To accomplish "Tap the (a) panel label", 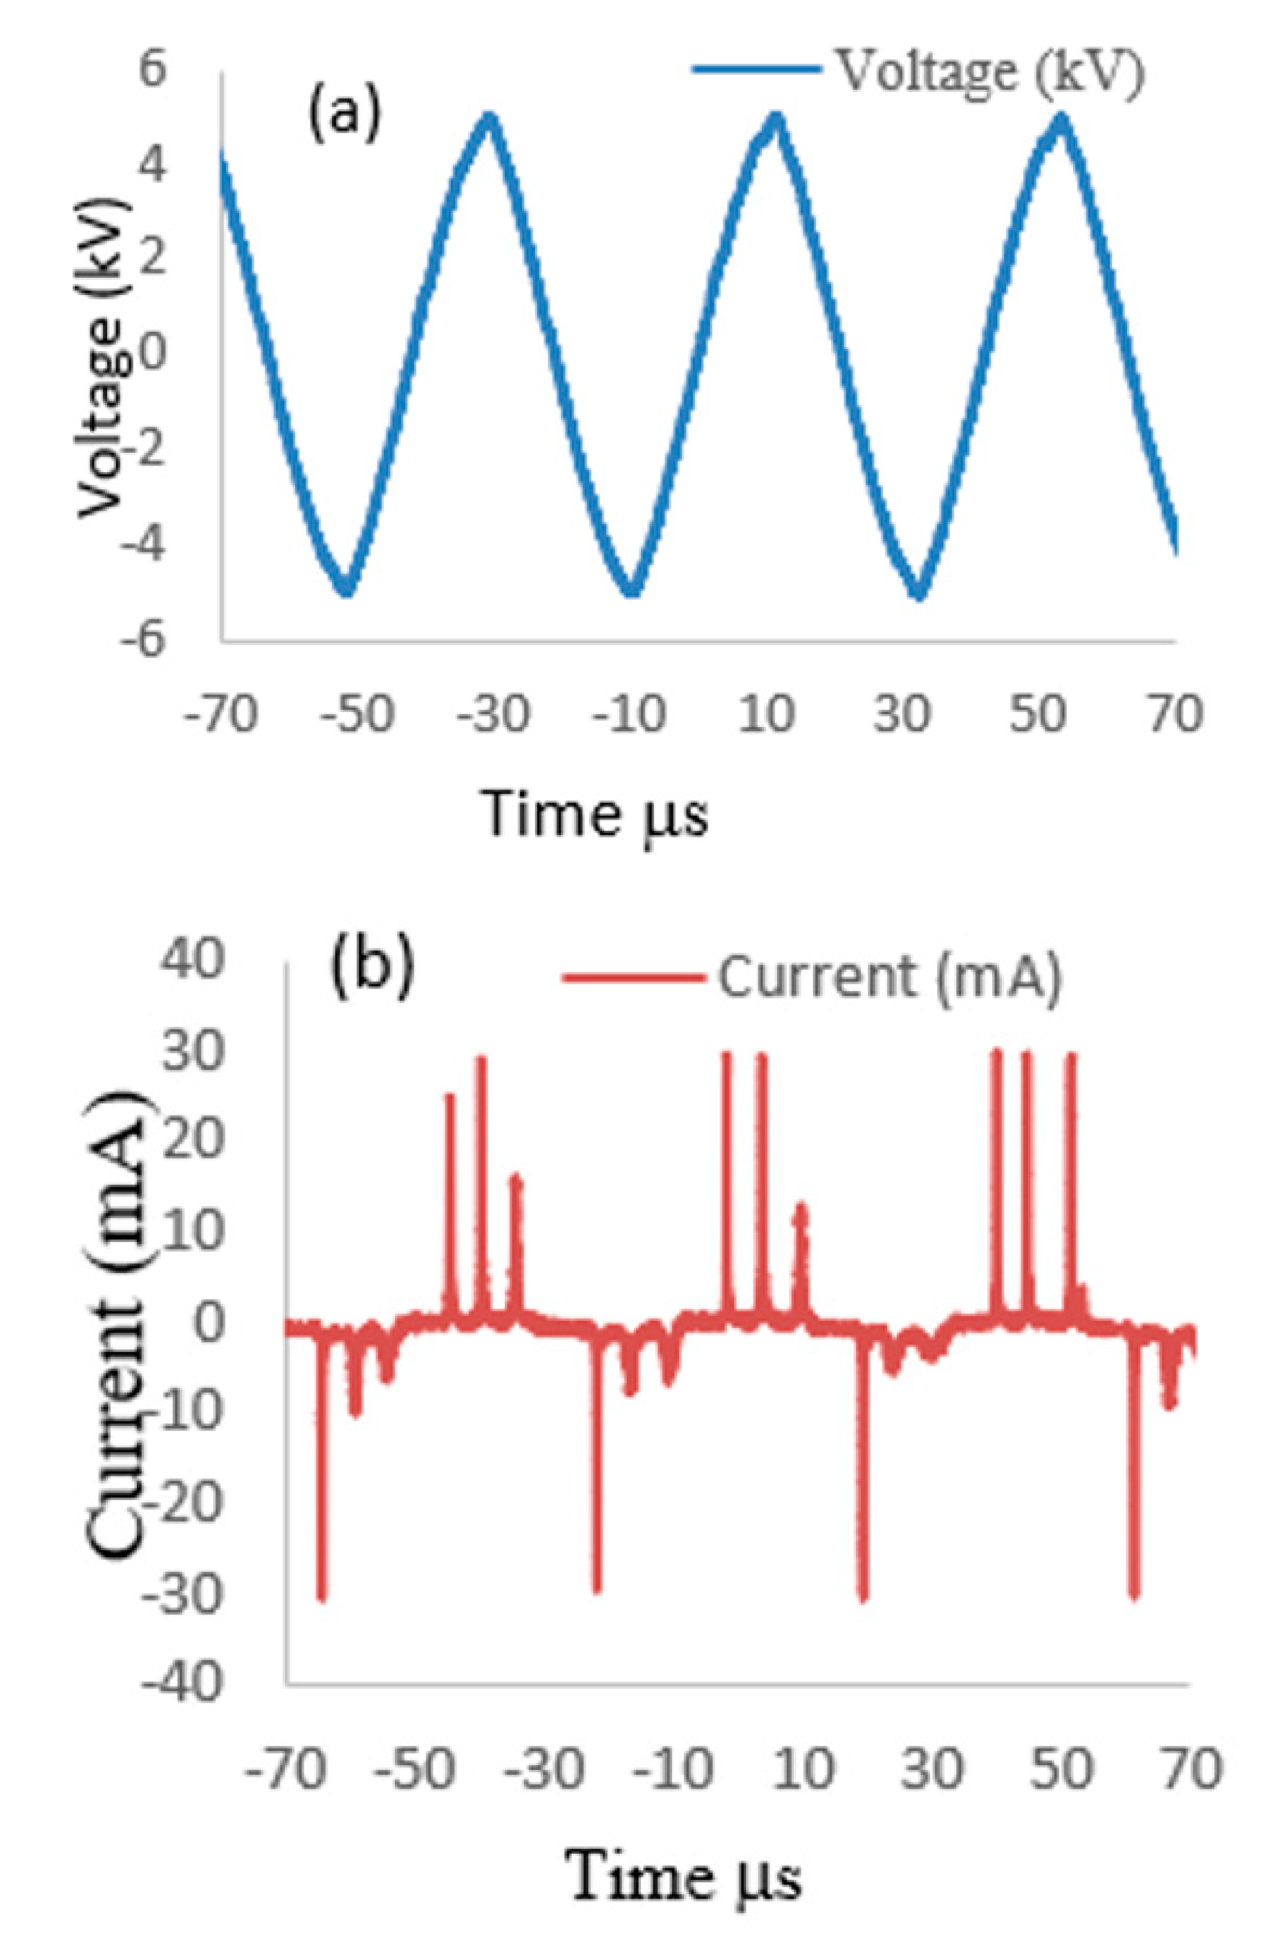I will point(344,115).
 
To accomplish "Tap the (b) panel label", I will point(373,970).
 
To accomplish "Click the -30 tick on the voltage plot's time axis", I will point(490,714).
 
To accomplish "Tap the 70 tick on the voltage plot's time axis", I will point(1177,714).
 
